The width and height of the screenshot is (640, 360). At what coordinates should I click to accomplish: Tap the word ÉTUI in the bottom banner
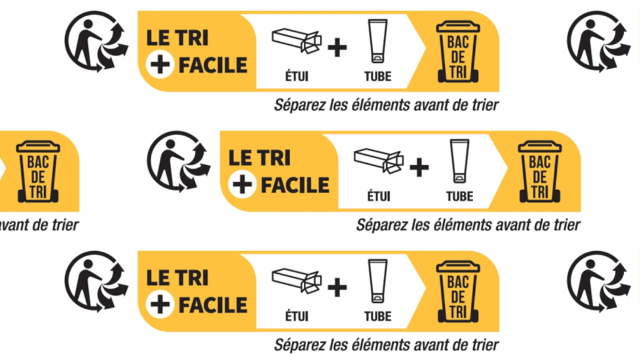click(297, 316)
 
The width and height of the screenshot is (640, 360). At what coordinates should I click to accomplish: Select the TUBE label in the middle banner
click(459, 196)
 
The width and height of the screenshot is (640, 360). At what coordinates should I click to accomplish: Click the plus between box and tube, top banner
click(337, 47)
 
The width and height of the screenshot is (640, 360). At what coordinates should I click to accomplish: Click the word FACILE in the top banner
click(213, 64)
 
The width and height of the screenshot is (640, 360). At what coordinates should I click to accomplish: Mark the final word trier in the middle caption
click(565, 224)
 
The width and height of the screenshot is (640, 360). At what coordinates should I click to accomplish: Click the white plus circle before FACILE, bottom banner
click(159, 304)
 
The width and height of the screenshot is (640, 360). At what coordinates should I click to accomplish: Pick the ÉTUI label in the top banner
click(297, 76)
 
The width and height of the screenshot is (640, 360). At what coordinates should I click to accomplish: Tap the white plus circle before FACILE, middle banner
click(242, 185)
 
